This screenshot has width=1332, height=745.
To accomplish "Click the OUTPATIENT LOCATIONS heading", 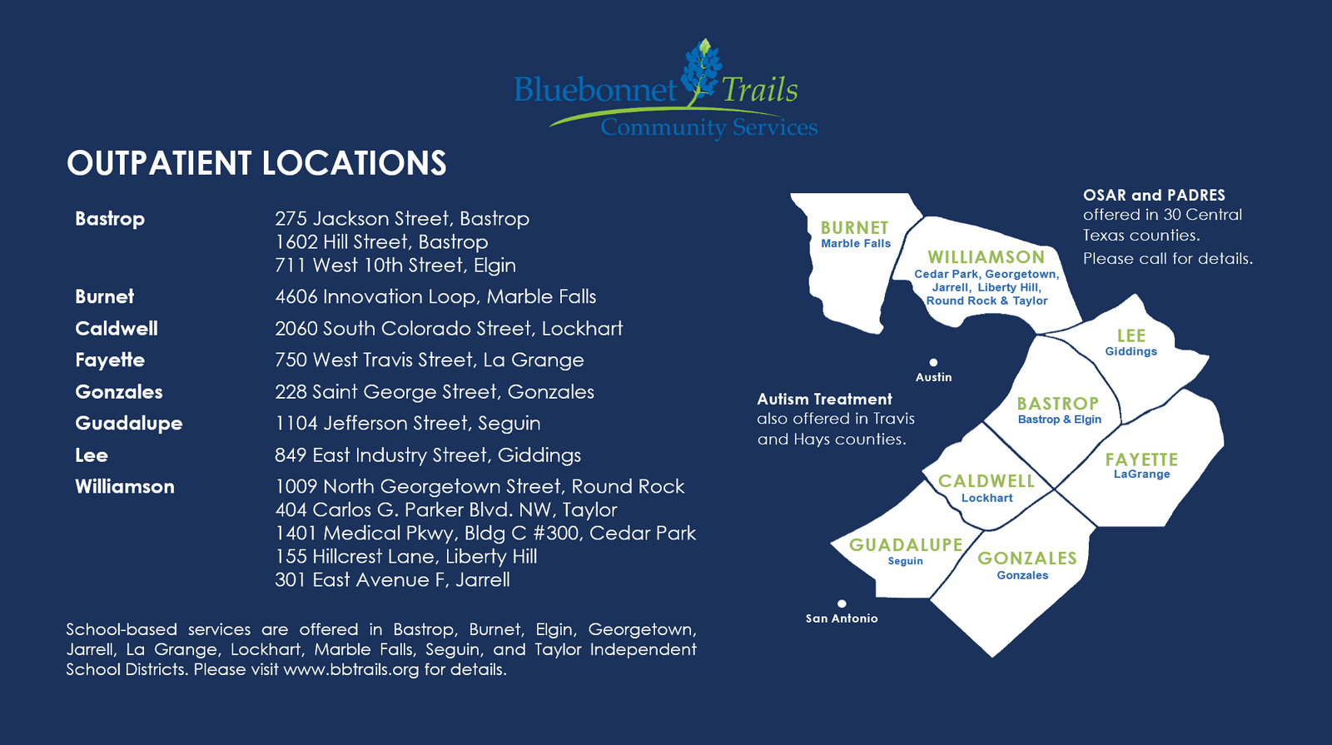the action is click(256, 163).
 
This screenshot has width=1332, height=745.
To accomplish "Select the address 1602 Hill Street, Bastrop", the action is click(381, 242).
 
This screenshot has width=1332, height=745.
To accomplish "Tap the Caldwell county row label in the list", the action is click(117, 328).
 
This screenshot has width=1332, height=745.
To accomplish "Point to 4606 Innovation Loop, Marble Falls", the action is click(435, 296).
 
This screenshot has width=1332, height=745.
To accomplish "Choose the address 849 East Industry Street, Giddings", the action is click(428, 455).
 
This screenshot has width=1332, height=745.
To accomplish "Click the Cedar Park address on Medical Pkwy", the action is click(485, 534).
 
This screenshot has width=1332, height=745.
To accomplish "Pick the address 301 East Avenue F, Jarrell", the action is click(392, 579).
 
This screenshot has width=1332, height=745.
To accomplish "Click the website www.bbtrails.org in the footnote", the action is click(351, 669).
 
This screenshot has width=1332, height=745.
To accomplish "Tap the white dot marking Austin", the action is click(933, 362).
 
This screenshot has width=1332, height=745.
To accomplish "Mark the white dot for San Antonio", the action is click(842, 603).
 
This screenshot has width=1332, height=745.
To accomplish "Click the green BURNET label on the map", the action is click(854, 228).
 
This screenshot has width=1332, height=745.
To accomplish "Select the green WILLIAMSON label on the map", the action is click(986, 257).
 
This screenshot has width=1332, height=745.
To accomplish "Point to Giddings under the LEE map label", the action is click(1131, 351).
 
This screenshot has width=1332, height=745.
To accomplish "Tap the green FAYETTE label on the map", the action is click(1141, 459).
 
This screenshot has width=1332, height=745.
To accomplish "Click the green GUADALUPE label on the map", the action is click(906, 544).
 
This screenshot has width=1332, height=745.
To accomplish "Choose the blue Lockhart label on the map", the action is click(987, 498).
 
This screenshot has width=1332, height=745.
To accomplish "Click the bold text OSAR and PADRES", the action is click(1154, 195).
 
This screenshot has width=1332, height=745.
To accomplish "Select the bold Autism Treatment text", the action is click(824, 399).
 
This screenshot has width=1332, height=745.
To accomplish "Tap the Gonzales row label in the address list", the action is click(119, 392).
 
